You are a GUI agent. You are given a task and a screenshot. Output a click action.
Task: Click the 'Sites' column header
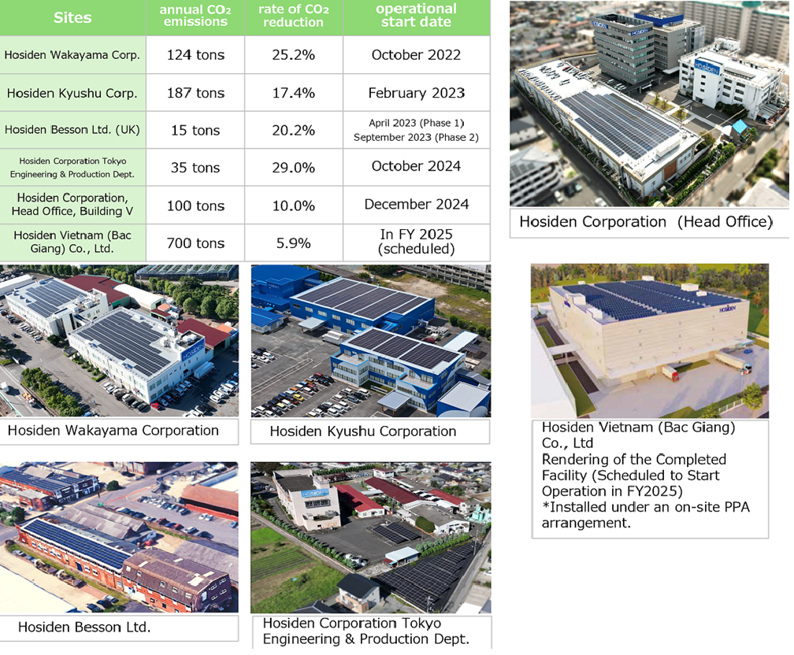[72, 17]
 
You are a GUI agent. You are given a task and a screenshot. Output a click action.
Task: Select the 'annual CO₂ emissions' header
[195, 16]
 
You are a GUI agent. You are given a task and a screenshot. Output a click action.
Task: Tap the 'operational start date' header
[416, 16]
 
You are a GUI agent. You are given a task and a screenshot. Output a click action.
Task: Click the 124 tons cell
[195, 55]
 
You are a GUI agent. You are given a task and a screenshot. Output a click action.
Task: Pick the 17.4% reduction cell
[293, 93]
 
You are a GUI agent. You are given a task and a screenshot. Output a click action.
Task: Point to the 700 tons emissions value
[195, 243]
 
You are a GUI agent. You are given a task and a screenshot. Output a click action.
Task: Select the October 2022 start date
[416, 55]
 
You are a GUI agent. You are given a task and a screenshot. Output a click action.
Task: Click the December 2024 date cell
[416, 205]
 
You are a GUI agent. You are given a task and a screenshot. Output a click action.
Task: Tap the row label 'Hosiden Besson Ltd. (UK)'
[72, 131]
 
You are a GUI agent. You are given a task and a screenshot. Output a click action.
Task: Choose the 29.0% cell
[293, 168]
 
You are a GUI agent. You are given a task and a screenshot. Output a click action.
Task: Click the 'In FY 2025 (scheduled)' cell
[416, 242]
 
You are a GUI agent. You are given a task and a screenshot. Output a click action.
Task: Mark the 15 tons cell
[195, 131]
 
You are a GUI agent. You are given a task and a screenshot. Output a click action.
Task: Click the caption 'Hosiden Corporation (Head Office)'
[645, 222]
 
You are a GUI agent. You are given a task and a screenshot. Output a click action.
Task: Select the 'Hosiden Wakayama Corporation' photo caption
[113, 431]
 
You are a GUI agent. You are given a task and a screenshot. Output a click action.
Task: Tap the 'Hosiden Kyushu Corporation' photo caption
[362, 431]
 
